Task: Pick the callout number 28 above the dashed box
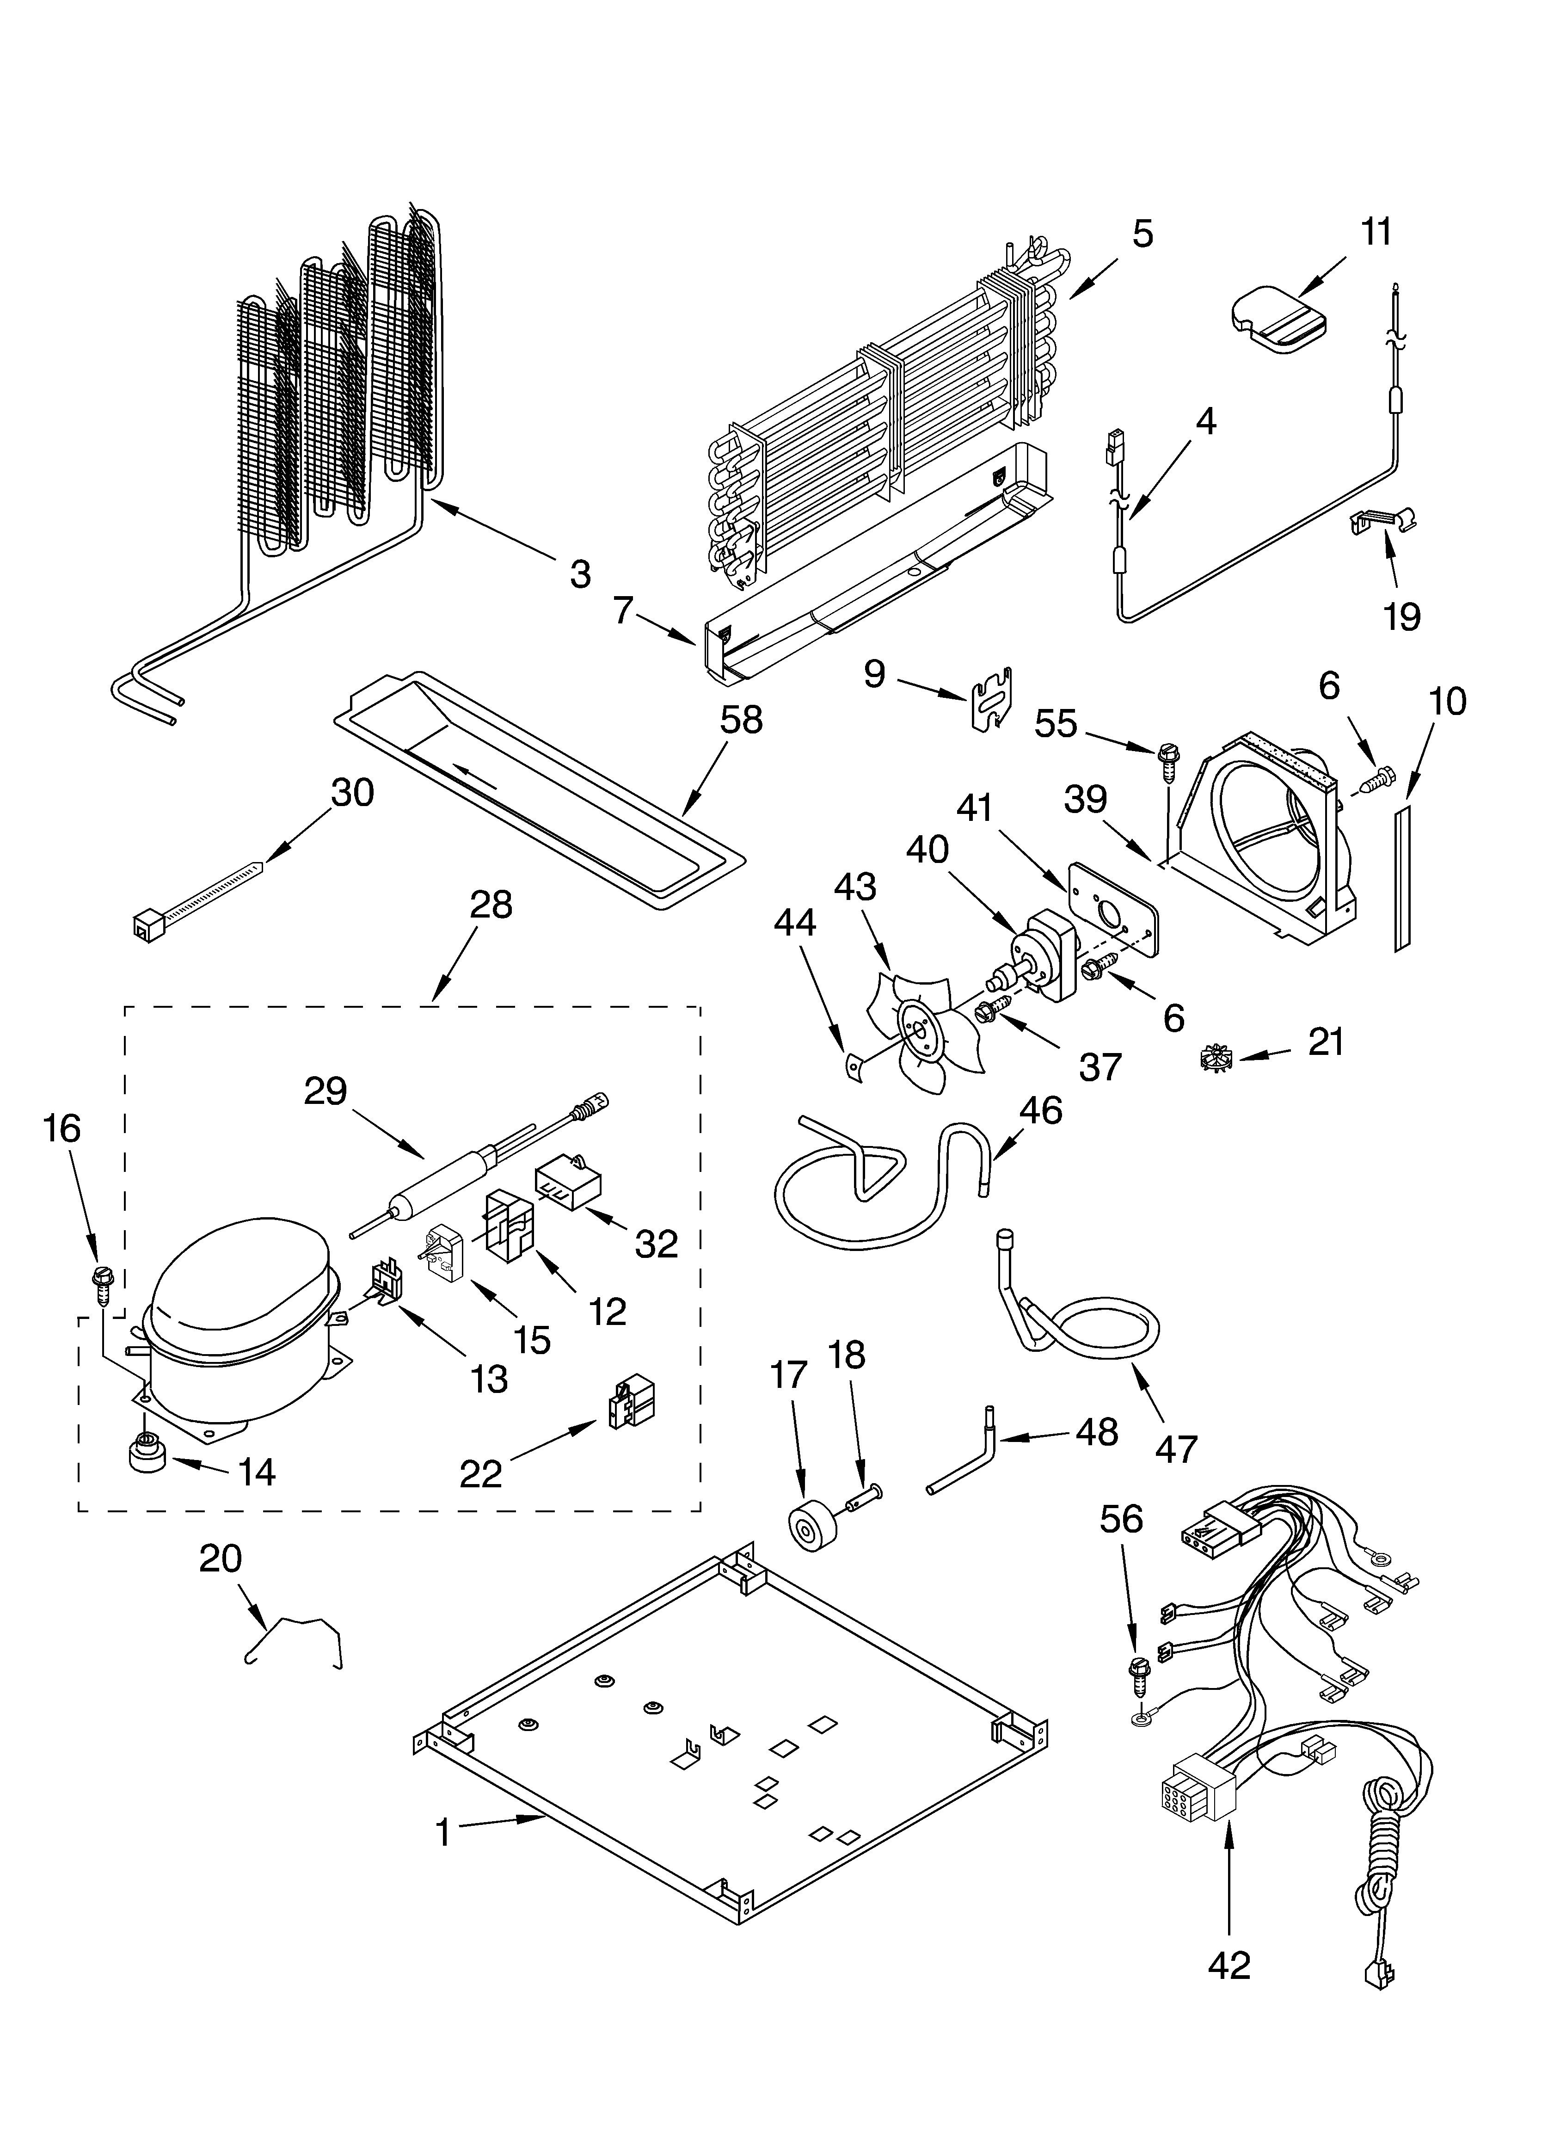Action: click(490, 904)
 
